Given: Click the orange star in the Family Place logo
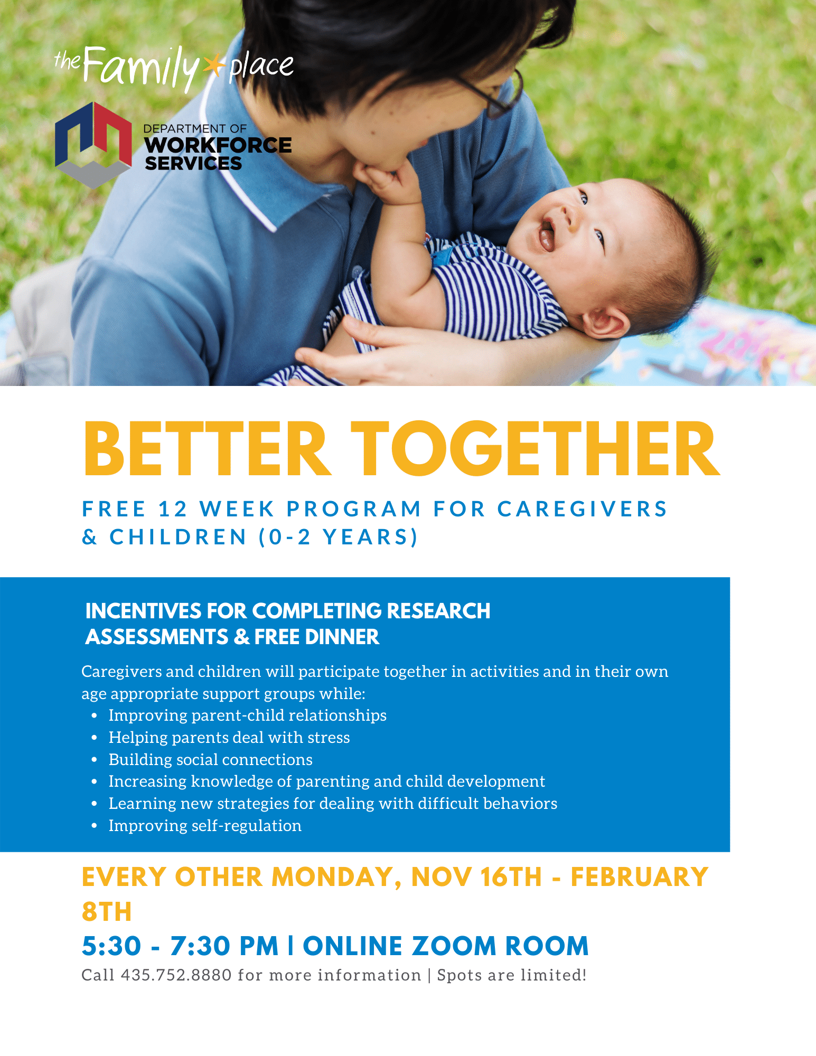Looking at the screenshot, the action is pos(213,66).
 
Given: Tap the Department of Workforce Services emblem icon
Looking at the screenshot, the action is pos(93,145).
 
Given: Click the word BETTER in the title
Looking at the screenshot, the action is pos(207,449).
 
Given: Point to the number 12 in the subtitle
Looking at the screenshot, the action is pos(173,509).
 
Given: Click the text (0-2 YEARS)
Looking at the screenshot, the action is pos(339,537).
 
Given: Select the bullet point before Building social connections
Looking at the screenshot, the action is pos(95,760).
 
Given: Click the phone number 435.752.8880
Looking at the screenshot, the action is pos(176,975).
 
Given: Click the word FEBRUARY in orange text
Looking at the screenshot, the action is pos(639,877).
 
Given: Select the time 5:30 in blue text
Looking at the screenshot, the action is pos(111,946).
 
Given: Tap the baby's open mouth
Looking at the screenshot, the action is pos(546,232).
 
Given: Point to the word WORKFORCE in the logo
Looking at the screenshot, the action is pos(218,145).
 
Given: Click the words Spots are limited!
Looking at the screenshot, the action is pos(512,975).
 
